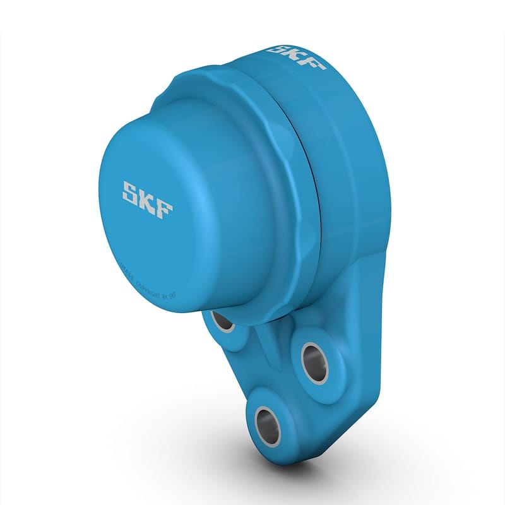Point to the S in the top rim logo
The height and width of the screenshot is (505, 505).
278,49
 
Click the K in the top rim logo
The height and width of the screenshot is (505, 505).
296,55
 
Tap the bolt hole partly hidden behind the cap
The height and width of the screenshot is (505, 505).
223,321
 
